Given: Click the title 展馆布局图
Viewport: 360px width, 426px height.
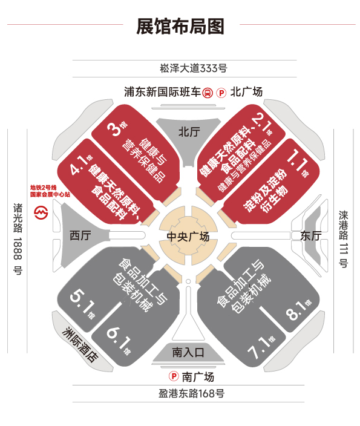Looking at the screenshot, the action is pos(180,26).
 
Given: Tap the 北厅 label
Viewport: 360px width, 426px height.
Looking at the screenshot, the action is pos(189,132).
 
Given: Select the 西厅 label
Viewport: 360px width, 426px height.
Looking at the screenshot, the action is pos(80,235).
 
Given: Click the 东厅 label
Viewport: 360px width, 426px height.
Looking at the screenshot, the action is pos(311,235).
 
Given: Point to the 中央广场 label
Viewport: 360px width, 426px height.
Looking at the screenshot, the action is pos(188,237).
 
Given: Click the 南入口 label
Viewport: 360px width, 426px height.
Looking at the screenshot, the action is pos(188,353).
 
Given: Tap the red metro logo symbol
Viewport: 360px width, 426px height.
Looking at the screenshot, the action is pos(41,212).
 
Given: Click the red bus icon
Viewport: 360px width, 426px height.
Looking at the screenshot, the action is pos(208,93).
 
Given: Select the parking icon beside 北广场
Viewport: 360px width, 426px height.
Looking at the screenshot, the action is pos(221,93).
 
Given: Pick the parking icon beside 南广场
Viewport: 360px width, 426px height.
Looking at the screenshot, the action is pos(174,376).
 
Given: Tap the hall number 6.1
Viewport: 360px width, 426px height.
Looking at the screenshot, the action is pos(118,338).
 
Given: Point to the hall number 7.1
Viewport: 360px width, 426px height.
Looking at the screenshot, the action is pos(259,347).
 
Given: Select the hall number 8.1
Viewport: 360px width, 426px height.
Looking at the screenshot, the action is pos(296,310).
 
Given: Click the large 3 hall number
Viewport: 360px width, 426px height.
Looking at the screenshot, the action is pos(114,129).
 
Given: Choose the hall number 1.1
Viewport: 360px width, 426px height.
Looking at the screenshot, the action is pos(298,161).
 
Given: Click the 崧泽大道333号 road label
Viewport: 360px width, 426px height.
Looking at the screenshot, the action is pos(194,68).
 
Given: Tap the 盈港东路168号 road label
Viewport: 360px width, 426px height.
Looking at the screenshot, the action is pos(192,393).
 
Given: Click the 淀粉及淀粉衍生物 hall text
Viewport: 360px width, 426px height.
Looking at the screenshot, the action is pos(266,191).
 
